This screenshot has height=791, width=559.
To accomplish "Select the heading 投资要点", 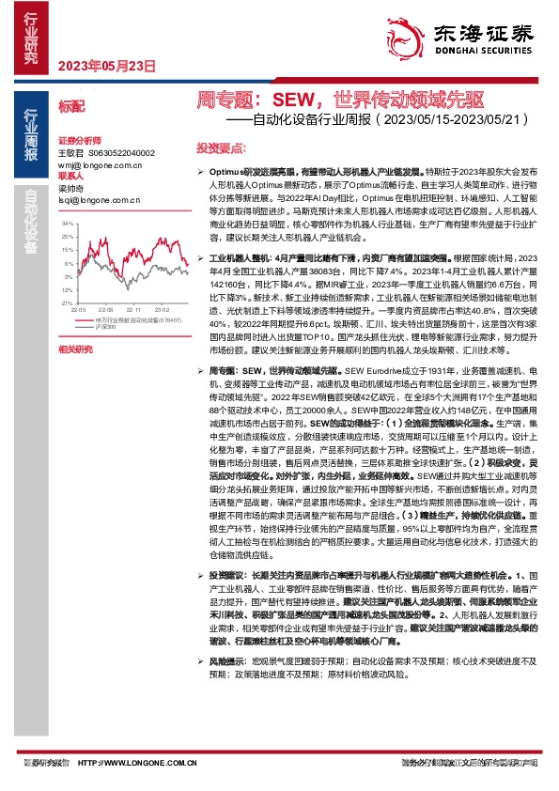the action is pos(220,148).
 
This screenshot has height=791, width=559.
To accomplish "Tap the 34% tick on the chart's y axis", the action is pos(67,225).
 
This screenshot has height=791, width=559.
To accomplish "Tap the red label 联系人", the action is pos(71,175).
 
